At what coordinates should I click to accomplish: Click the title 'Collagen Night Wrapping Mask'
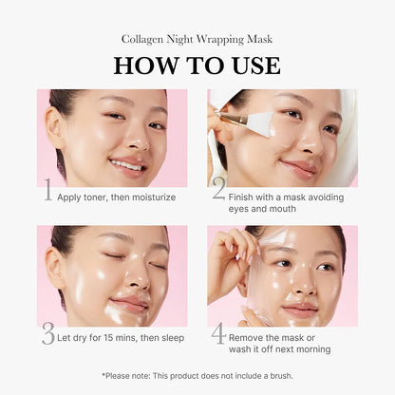click(x=197, y=39)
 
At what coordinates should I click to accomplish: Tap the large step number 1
click(x=47, y=195)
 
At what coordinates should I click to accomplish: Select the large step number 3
click(x=47, y=335)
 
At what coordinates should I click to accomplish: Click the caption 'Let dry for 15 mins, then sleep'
click(x=121, y=337)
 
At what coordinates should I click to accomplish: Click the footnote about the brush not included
click(x=197, y=375)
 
